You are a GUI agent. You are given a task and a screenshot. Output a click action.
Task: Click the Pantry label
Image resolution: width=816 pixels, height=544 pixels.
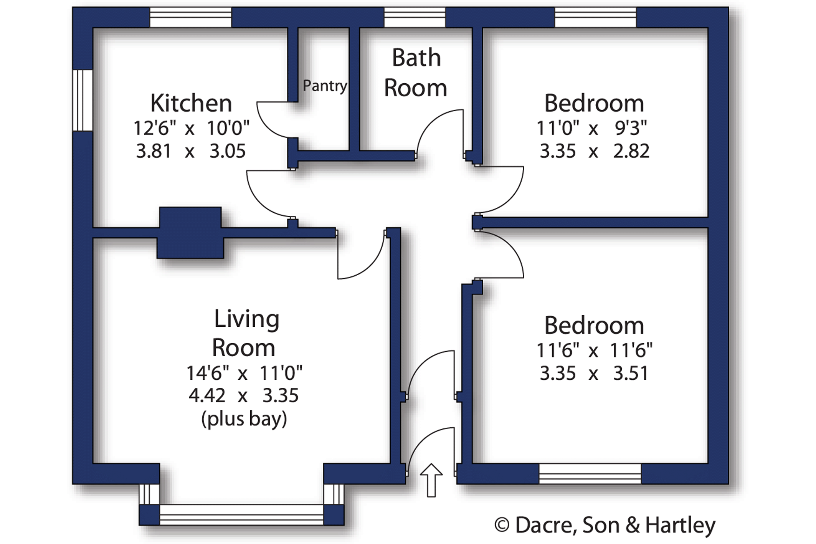(x=325, y=86)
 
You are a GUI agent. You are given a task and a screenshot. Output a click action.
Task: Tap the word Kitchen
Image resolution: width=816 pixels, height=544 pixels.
(x=191, y=103)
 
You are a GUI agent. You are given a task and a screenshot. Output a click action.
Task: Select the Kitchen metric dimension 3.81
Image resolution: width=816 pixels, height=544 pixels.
(x=154, y=151)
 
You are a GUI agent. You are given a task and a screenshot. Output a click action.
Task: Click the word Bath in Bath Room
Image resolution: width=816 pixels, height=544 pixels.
(x=416, y=58)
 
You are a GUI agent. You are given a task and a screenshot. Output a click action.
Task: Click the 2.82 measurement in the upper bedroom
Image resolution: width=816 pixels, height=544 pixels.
(x=631, y=151)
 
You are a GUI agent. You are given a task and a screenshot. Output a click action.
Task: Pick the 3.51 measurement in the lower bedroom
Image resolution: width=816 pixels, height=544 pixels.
(x=631, y=373)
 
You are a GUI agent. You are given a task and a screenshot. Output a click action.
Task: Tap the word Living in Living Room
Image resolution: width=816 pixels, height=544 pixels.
(x=246, y=319)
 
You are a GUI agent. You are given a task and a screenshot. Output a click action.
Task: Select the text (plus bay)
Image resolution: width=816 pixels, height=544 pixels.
(x=244, y=419)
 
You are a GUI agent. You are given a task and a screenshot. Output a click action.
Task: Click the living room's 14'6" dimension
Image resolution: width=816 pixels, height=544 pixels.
(x=208, y=373)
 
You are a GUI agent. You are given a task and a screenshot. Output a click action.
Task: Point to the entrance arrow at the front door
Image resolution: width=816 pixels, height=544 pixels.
(x=431, y=480)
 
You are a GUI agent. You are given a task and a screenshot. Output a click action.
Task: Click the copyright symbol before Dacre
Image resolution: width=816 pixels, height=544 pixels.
(x=501, y=525)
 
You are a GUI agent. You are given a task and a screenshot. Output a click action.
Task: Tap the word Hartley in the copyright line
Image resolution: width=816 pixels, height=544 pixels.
(x=680, y=525)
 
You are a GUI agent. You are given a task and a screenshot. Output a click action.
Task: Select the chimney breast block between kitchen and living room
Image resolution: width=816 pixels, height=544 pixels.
(x=190, y=233)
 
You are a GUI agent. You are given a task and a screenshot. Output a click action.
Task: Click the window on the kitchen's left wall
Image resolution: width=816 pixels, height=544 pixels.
(x=83, y=100)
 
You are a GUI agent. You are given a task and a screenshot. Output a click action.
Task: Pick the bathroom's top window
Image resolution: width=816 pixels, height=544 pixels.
(x=415, y=17)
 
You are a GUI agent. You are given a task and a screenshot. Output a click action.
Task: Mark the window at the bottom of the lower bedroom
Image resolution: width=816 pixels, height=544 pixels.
(x=590, y=474)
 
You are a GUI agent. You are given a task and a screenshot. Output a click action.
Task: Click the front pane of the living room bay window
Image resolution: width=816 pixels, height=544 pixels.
(x=241, y=514)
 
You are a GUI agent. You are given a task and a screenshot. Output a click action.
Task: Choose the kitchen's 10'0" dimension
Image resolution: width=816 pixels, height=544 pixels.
(x=228, y=128)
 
